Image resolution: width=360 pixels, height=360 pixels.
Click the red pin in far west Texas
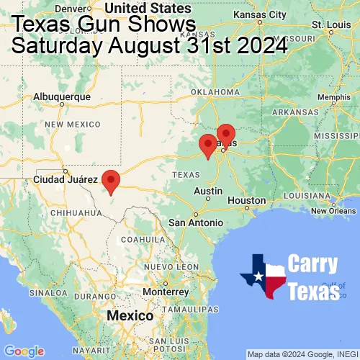pyautogui.click(x=110, y=181)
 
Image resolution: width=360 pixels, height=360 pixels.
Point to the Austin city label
pyautogui.click(x=207, y=191)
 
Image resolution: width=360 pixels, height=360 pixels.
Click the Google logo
pyautogui.click(x=23, y=351)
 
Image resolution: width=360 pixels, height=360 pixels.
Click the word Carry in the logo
pyautogui.click(x=312, y=264)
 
